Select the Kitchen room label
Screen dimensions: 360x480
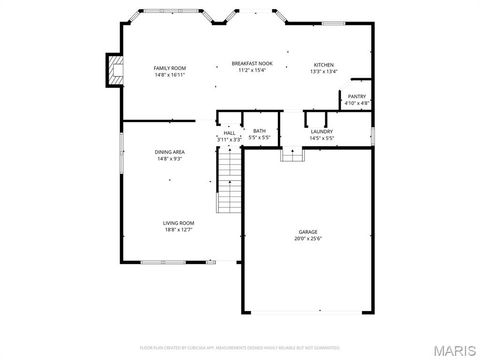[323, 64]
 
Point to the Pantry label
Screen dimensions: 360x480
[356, 96]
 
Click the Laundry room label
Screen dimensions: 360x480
[321, 131]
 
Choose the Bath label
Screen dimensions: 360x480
[259, 131]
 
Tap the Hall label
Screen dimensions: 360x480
[229, 132]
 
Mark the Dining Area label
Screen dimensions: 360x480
[169, 152]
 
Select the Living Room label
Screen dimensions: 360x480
[179, 222]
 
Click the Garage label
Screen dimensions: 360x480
[308, 231]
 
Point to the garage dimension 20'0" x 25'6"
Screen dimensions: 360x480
[308, 239]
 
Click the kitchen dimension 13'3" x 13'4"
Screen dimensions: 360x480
[323, 71]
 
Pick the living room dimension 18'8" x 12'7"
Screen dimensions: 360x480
[179, 229]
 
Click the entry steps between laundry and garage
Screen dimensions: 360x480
[291, 154]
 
